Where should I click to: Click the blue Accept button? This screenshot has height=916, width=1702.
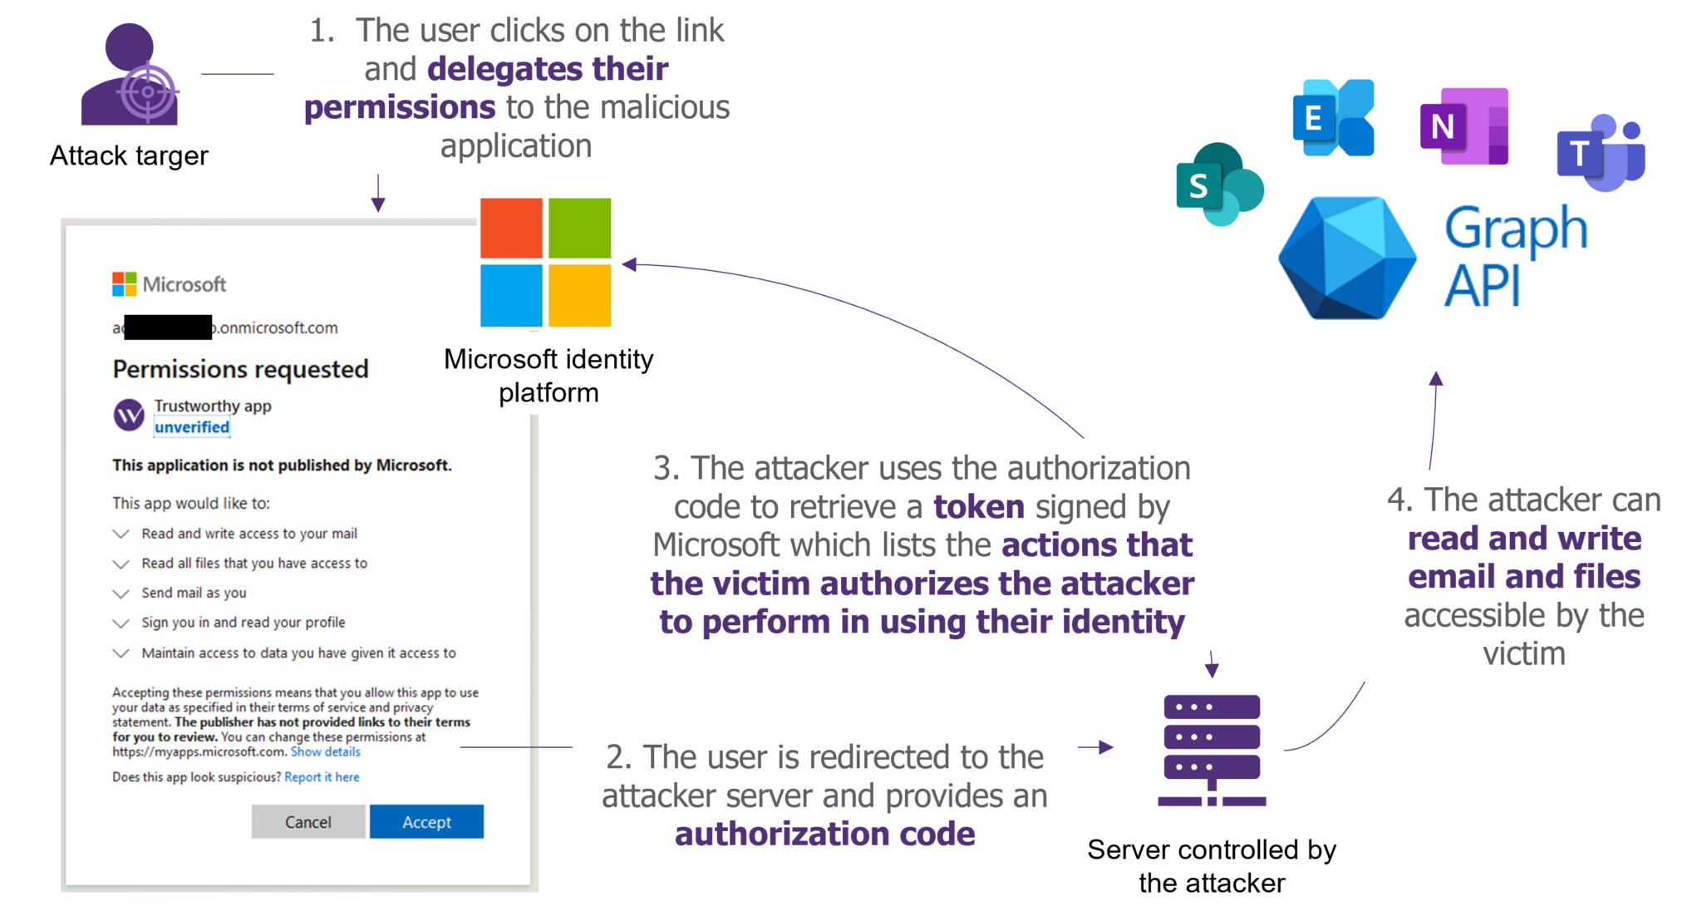[426, 821]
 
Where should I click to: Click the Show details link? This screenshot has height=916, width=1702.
[325, 751]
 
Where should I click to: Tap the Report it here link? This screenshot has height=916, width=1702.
[322, 776]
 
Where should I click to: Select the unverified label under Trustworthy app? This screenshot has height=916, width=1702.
[192, 427]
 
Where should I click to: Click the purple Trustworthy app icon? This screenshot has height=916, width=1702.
[129, 415]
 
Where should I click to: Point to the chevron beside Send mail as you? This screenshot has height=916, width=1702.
[121, 593]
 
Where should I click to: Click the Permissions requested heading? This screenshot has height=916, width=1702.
[240, 369]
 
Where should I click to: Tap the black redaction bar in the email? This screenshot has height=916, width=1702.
[168, 327]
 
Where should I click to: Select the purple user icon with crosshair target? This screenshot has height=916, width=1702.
[131, 76]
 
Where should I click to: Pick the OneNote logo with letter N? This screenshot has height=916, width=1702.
[1463, 126]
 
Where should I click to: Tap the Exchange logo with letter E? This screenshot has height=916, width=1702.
[1333, 118]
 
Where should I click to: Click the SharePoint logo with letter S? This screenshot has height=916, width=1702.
[1219, 185]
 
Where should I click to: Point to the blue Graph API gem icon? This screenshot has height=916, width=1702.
[1346, 259]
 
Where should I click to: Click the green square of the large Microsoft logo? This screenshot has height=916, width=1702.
[579, 228]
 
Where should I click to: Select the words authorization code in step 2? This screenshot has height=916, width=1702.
[824, 834]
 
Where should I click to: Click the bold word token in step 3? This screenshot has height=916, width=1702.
[978, 506]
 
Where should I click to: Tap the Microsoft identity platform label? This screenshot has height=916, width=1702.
[548, 375]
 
